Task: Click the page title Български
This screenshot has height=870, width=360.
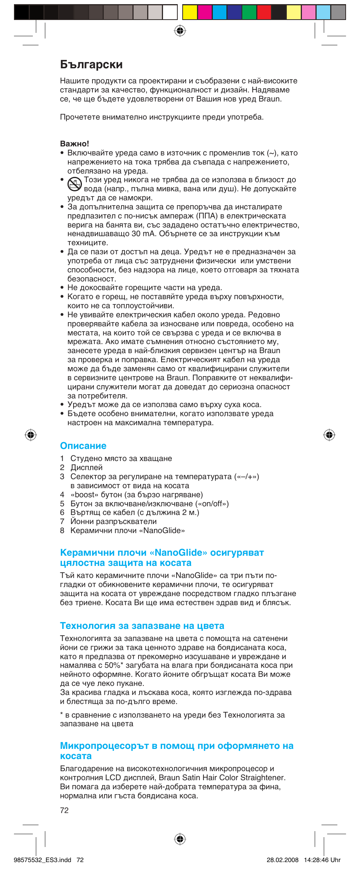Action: point(91,65)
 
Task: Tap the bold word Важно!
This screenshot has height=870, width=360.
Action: point(74,144)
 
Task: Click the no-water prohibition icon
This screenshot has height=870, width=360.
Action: point(75,184)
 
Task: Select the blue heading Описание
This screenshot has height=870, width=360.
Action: point(83,446)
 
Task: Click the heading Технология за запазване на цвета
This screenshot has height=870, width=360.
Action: point(142,626)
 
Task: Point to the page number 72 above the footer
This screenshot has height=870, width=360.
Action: point(64,810)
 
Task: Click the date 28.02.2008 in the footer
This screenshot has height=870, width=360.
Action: point(282,860)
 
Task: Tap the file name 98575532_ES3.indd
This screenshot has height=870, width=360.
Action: point(42,860)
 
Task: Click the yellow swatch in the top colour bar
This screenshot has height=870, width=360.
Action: point(190,12)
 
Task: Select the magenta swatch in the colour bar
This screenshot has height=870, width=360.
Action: point(205,12)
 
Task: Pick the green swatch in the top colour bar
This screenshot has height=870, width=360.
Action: point(249,12)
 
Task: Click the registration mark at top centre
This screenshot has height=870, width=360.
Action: point(180,31)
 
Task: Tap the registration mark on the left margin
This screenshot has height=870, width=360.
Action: point(31,435)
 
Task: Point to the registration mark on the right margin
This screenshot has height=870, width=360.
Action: point(329,435)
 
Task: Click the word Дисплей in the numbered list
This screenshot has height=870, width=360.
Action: point(86,467)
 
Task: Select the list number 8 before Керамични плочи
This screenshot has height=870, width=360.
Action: point(62,530)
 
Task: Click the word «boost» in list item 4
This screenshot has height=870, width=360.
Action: point(85,495)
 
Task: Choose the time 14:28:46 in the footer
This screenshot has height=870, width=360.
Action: point(316,860)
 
